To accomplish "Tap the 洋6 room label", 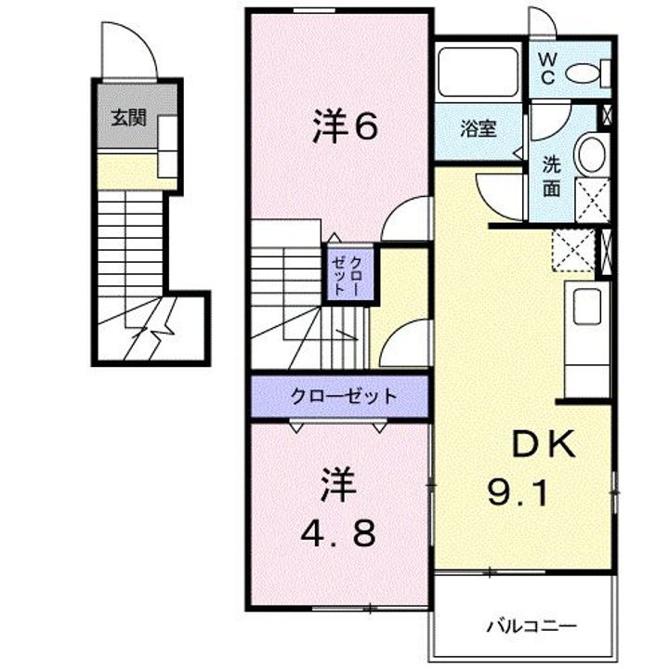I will click(x=345, y=128).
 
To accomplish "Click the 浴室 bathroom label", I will click(x=479, y=129).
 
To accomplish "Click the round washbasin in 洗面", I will click(x=591, y=153).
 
